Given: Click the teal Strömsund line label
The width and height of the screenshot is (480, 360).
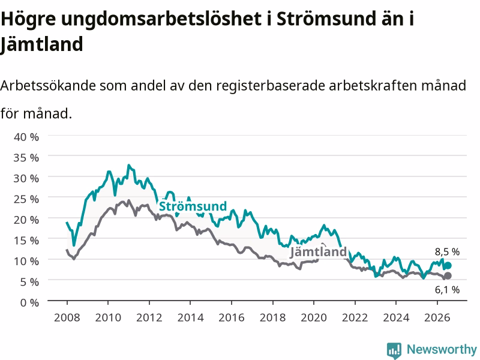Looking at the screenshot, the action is [x=193, y=206].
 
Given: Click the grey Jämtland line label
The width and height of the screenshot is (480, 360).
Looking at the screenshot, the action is [x=319, y=252].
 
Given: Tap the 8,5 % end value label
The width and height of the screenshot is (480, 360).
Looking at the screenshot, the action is [x=447, y=251].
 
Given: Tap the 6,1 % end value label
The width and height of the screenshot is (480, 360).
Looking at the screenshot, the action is [x=447, y=290].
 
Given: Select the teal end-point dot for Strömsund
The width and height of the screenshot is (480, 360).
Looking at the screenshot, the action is [x=448, y=265].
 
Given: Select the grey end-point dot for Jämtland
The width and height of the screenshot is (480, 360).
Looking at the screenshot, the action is [x=448, y=276].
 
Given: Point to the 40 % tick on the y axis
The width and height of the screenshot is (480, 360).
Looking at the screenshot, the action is [x=26, y=137].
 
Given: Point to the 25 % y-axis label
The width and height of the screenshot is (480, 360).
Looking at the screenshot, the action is [x=26, y=199].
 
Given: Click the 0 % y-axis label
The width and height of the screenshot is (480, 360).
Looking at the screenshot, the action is [x=29, y=302].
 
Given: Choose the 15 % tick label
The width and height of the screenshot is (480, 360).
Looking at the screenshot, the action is [x=26, y=241].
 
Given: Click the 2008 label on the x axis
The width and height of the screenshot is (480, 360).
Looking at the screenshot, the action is [x=67, y=317].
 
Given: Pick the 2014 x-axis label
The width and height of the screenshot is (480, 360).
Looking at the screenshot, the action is [x=190, y=317].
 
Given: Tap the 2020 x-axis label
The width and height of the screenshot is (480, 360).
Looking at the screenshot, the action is [x=314, y=317].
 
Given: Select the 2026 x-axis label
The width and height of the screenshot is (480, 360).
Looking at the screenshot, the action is [x=437, y=317].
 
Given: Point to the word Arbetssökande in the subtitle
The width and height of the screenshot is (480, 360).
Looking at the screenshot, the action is [x=48, y=85].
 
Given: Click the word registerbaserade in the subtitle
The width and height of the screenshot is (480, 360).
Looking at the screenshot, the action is [x=271, y=86].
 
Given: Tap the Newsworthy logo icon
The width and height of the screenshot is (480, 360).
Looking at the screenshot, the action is [x=394, y=350].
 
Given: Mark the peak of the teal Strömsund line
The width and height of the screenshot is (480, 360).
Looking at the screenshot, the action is [x=129, y=166].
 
